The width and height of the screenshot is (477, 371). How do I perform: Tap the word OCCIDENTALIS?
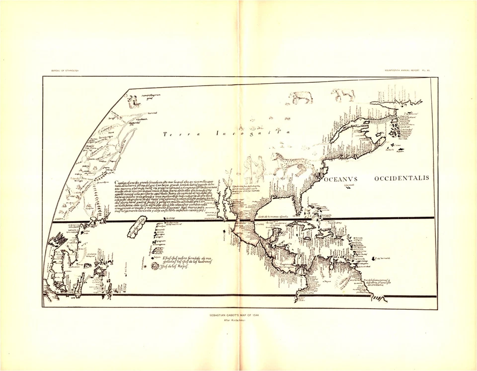point(401,178)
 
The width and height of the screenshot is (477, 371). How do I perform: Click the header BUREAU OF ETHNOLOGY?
point(65,71)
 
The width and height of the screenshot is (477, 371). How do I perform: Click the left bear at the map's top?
point(301,97)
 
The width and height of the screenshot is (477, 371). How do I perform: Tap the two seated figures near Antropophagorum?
point(133,102)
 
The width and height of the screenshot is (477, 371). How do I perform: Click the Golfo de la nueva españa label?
point(273,216)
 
